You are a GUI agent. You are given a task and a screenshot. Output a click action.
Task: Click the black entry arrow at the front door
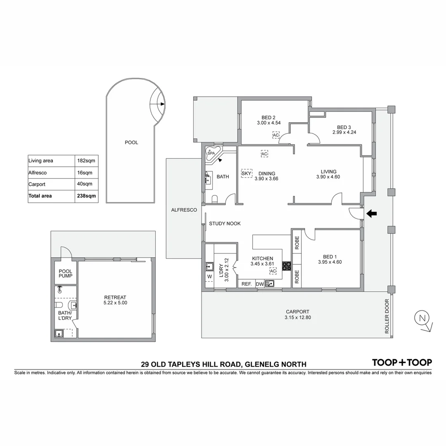pyautogui.click(x=372, y=214)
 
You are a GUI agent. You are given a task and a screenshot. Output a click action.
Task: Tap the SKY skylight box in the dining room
pyautogui.click(x=246, y=173)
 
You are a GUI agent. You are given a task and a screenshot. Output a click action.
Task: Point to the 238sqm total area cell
pyautogui.click(x=87, y=196)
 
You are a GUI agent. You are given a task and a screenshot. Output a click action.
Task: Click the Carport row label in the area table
pyautogui.click(x=37, y=184)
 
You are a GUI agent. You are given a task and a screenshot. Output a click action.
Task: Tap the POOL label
pyautogui.click(x=131, y=142)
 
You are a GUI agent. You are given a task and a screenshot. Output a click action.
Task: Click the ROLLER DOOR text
pyautogui.click(x=387, y=316)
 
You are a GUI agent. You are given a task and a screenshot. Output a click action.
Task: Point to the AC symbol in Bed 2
pyautogui.click(x=276, y=135)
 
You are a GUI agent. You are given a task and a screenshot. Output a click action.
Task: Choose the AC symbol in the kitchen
pyautogui.click(x=273, y=271)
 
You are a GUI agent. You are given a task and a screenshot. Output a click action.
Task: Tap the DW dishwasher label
pyautogui.click(x=259, y=284)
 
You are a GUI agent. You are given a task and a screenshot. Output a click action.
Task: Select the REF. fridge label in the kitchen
pyautogui.click(x=247, y=284)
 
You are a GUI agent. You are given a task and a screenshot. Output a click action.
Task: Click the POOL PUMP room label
pyautogui.click(x=66, y=273)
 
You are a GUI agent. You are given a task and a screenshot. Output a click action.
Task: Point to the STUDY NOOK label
pyautogui.click(x=225, y=223)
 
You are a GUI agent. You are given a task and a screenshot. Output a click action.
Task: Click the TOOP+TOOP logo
pyautogui.click(x=402, y=363)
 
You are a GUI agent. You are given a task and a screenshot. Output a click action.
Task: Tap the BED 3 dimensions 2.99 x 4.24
pyautogui.click(x=344, y=133)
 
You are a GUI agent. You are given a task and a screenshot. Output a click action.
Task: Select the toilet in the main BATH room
pyautogui.click(x=214, y=199)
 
